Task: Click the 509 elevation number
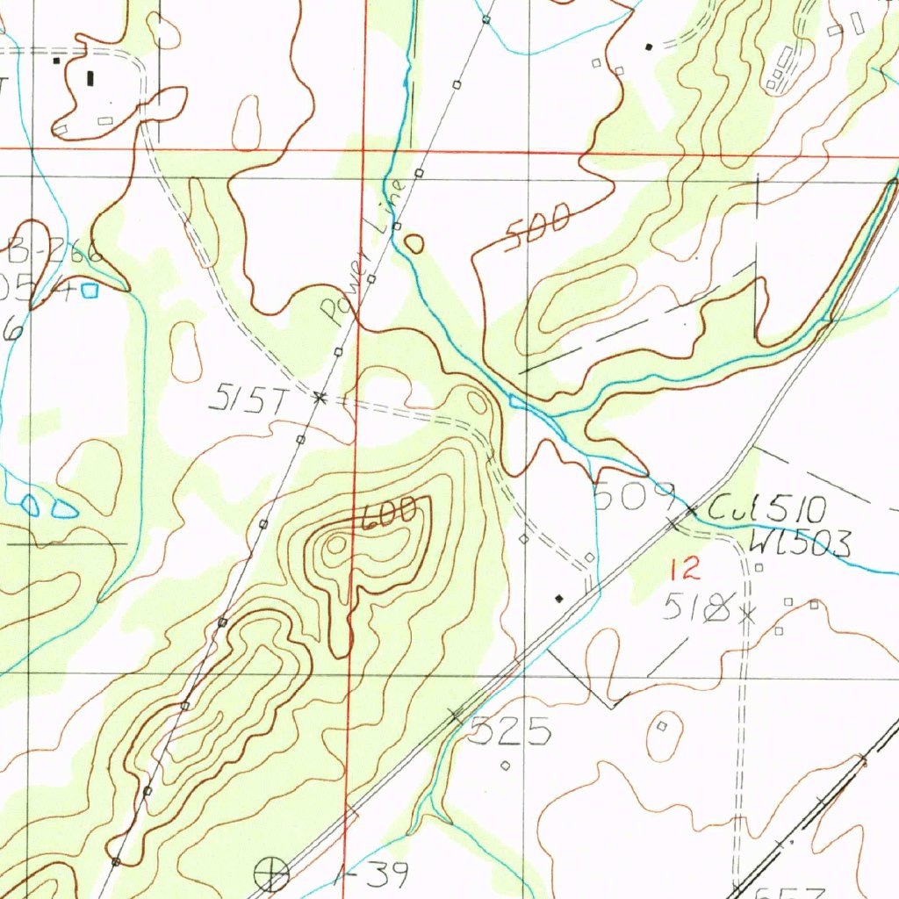(633, 496)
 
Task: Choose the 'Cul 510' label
(767, 508)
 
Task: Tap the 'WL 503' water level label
(800, 545)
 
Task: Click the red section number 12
(685, 571)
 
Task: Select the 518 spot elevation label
(698, 607)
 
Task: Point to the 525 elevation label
(509, 730)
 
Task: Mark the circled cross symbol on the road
(271, 873)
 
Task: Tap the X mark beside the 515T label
(320, 398)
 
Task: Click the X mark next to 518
(747, 615)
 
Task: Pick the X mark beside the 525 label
(456, 716)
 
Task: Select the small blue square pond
(90, 290)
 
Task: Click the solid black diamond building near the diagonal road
(559, 599)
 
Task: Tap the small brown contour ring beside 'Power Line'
(414, 243)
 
